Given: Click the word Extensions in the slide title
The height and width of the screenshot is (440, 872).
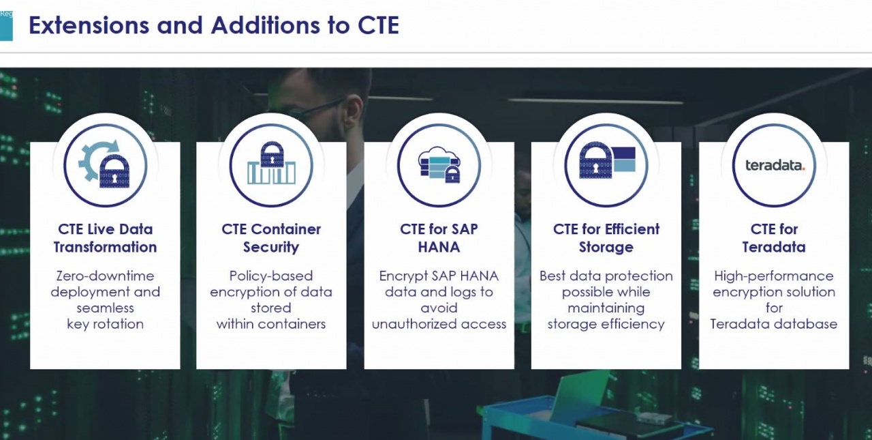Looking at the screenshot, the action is (x=89, y=25).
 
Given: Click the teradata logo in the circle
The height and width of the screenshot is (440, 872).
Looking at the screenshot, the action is (x=775, y=165).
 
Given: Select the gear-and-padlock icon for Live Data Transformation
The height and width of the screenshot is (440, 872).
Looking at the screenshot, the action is (x=104, y=165).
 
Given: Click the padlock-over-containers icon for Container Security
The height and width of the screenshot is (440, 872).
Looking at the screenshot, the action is (x=271, y=162).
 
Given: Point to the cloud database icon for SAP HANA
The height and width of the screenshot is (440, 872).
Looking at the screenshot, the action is (x=439, y=164).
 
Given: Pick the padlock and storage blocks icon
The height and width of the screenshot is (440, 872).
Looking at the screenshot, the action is (x=607, y=160).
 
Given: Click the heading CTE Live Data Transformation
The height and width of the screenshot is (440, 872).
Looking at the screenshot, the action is (x=105, y=238).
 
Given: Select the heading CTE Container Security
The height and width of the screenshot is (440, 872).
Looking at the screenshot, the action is (x=271, y=238).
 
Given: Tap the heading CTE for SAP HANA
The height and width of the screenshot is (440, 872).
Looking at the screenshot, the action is (x=439, y=238).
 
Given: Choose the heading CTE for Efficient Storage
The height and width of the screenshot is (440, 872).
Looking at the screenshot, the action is (x=606, y=238).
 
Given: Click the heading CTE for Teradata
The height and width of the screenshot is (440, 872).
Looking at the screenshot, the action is (x=774, y=238).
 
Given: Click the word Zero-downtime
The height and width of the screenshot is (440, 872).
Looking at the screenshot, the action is (x=105, y=276).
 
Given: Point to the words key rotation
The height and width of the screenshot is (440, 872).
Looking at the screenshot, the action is (x=105, y=324).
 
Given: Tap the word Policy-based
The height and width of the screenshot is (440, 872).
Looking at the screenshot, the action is (x=271, y=276).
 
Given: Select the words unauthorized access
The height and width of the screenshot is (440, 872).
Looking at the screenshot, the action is (x=439, y=324).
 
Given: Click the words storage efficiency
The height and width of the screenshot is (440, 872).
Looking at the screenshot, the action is (x=606, y=324).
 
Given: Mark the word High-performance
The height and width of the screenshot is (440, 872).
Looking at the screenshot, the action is (x=774, y=276).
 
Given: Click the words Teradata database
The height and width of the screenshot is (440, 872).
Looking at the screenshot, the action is (x=774, y=324).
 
